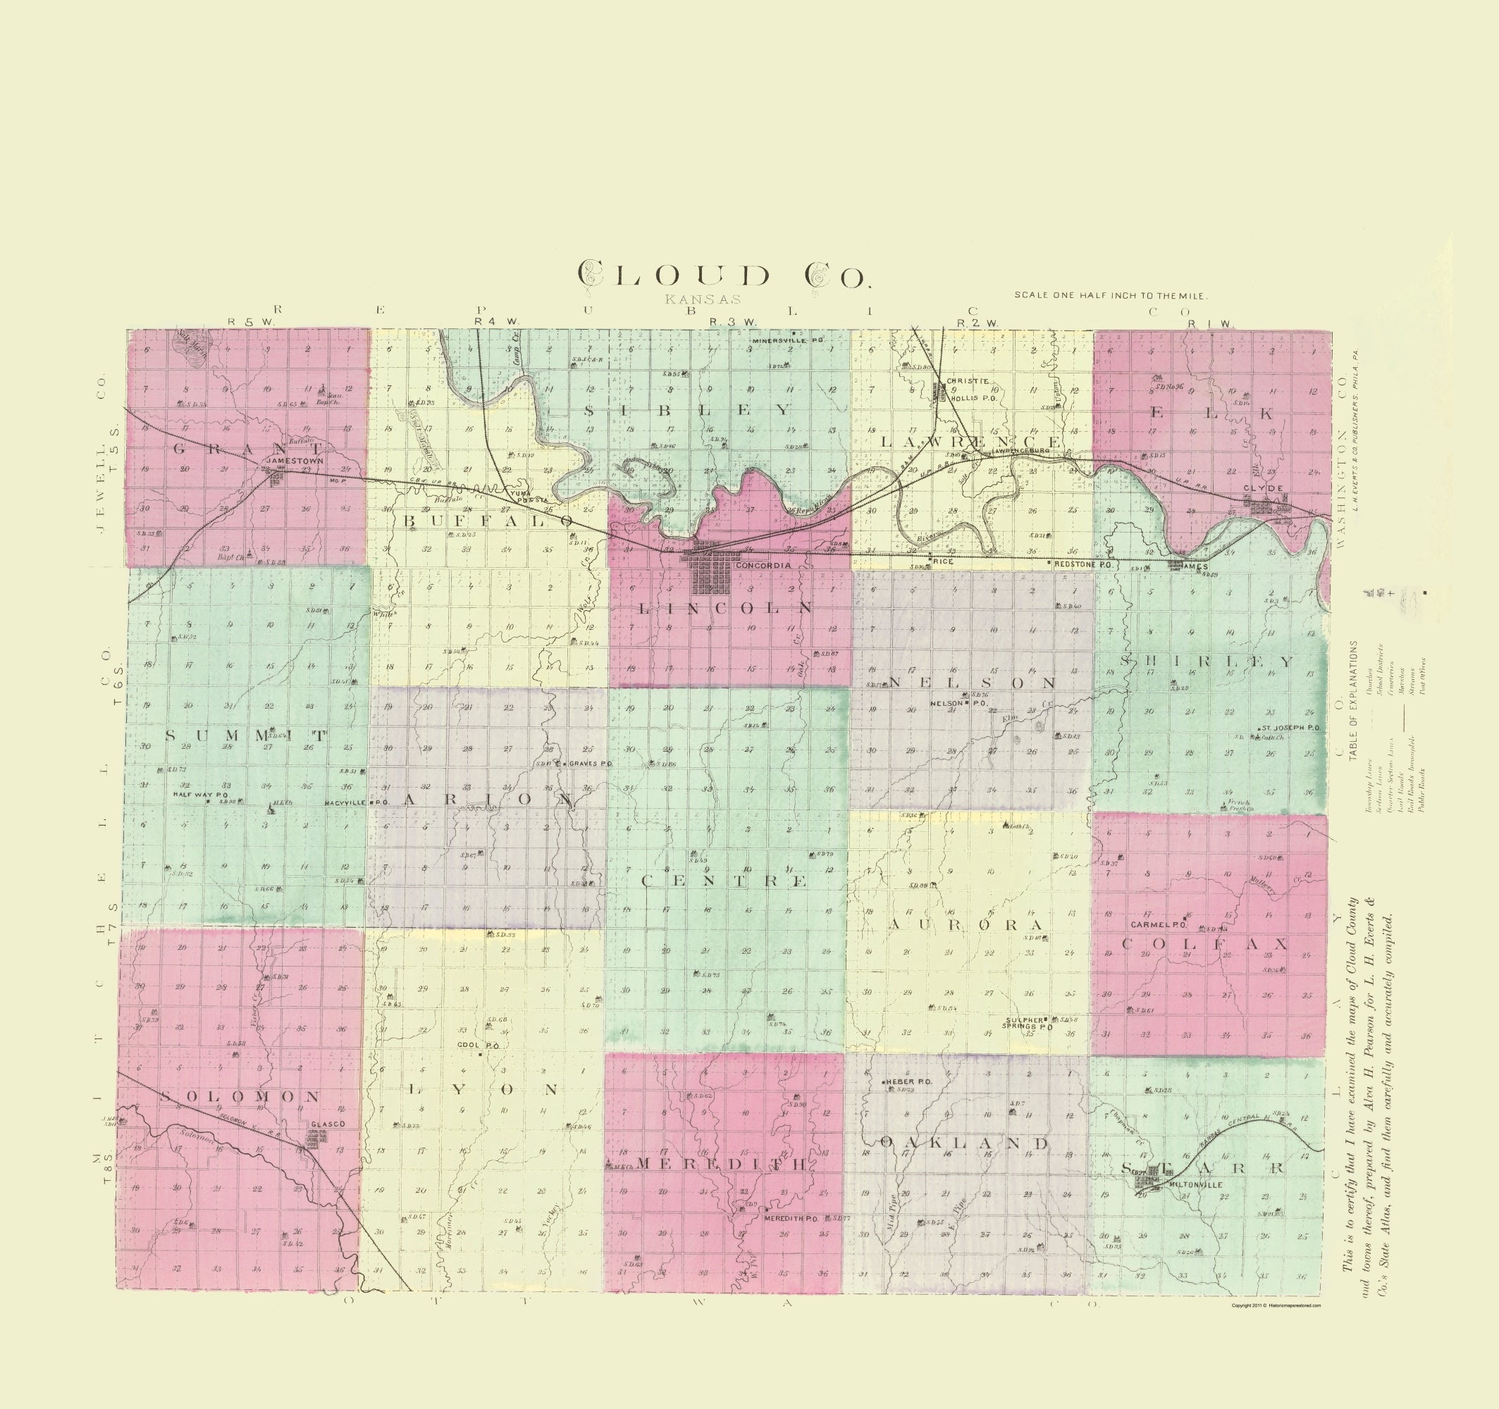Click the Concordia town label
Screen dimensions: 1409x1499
click(763, 566)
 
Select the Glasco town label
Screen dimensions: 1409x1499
click(326, 1124)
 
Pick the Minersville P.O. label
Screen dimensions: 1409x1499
click(789, 341)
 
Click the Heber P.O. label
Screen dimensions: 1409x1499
click(909, 1082)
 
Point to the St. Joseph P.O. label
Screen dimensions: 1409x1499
click(1292, 728)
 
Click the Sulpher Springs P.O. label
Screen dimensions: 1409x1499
click(1028, 1024)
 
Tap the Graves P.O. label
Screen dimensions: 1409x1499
click(590, 764)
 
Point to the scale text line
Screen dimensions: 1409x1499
click(1110, 295)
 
